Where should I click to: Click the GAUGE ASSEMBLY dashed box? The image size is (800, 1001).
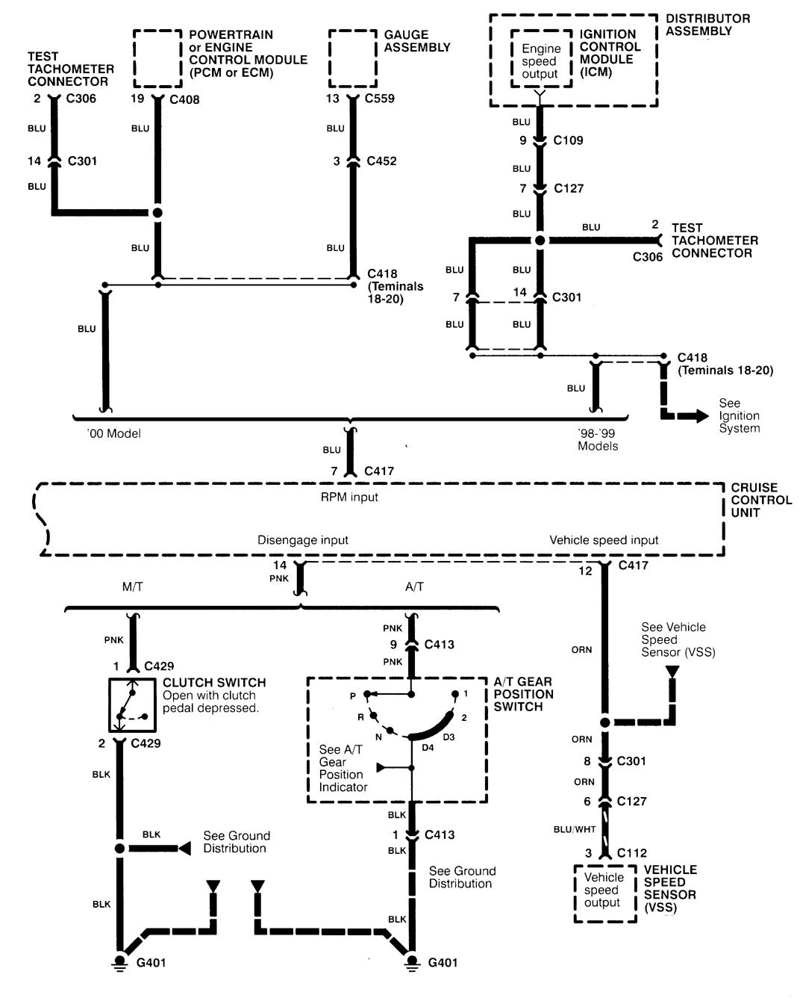352,58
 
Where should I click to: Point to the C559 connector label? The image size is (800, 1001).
380,99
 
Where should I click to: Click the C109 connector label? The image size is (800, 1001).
569,140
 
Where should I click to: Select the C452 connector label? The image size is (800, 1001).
381,161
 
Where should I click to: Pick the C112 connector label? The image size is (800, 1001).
632,853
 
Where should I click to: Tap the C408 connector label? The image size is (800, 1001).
184,99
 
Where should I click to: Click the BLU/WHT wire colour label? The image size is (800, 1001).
575,829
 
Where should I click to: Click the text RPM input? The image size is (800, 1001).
349,498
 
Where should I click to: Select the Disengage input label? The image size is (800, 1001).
303,540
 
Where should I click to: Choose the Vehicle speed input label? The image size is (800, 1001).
604,540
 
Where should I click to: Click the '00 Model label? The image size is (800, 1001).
113,434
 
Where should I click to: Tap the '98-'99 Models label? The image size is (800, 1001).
598,440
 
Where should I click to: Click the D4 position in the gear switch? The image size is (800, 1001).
428,747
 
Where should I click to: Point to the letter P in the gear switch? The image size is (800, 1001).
352,696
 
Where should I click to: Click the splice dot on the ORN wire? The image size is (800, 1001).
605,722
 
